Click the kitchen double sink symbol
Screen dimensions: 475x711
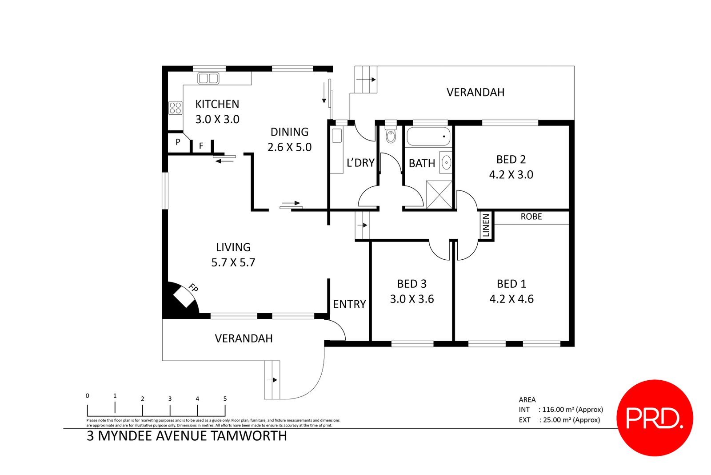[x=208, y=79]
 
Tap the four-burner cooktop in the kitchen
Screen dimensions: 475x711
[x=175, y=108]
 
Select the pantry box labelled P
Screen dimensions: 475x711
[x=178, y=142]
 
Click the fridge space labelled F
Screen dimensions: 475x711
[x=201, y=145]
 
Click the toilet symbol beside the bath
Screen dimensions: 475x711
[x=391, y=134]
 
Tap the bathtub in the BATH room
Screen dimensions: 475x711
[x=429, y=137]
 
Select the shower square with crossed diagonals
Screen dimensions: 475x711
[x=439, y=194]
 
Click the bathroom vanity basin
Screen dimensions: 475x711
[x=446, y=163]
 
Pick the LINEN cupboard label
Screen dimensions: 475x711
[x=486, y=225]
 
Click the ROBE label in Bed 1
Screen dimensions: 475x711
[x=531, y=217]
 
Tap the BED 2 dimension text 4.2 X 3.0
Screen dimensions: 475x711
[x=511, y=175]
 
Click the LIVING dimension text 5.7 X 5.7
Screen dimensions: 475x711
[x=233, y=262]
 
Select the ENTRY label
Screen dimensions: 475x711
[x=349, y=304]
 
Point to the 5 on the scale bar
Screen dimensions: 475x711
[x=225, y=399]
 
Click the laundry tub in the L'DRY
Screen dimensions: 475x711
[x=336, y=136]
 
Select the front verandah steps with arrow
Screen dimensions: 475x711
[x=272, y=379]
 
